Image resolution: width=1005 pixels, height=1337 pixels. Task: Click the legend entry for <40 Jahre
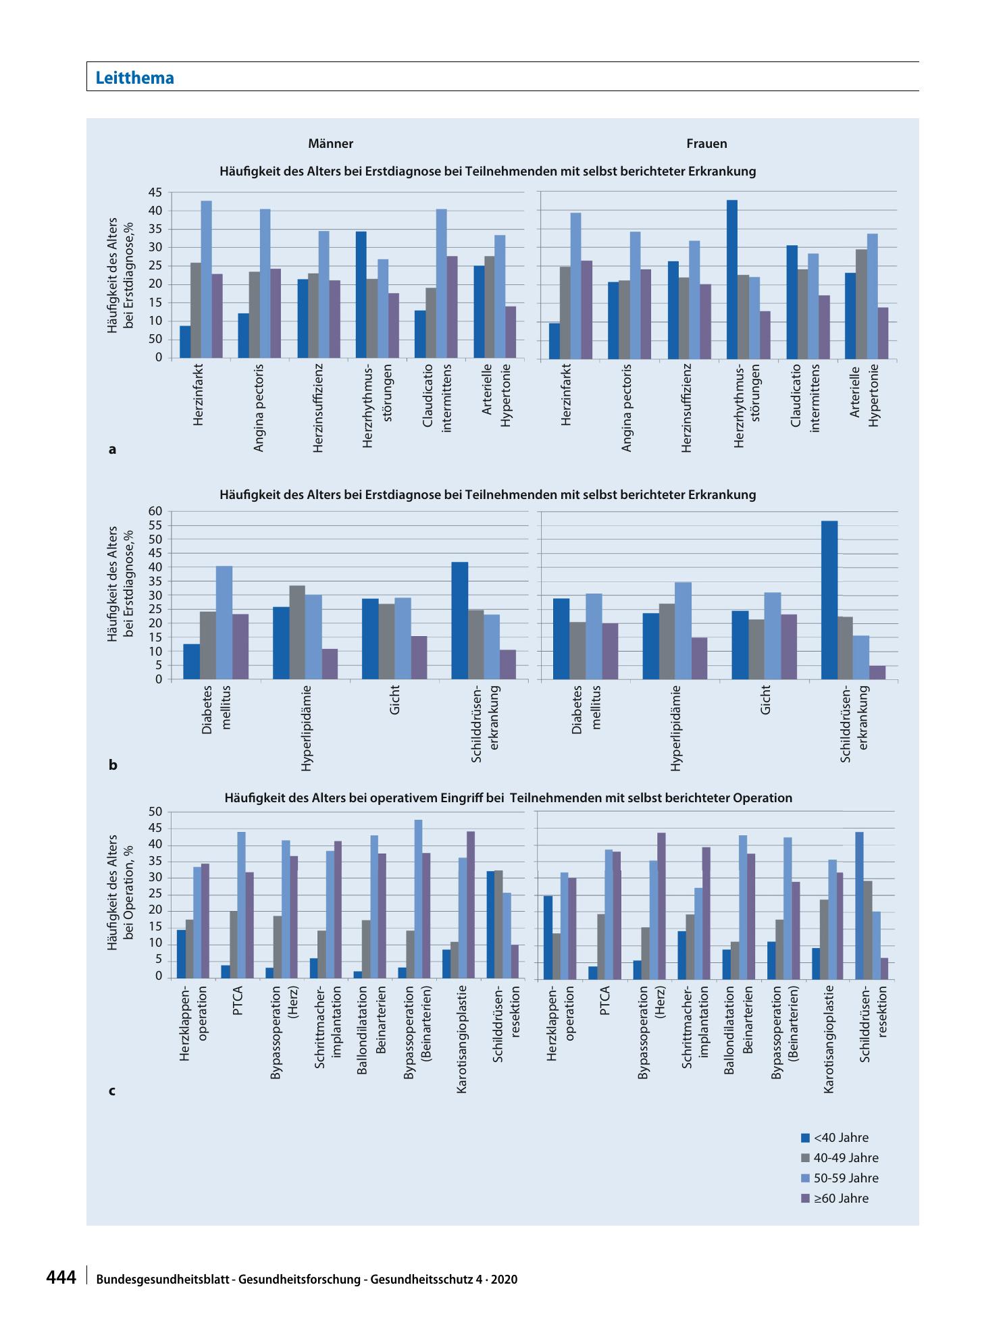point(835,1138)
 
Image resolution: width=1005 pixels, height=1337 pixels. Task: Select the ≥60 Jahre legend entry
point(835,1199)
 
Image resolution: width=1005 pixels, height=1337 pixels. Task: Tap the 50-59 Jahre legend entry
point(840,1178)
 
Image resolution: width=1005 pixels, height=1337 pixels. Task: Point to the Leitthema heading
point(135,78)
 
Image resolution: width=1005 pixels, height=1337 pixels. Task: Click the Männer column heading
point(330,143)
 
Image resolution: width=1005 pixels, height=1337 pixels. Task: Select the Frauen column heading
point(706,143)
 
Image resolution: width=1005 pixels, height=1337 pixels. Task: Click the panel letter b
point(113,766)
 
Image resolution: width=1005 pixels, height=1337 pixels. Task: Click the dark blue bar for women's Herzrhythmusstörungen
point(732,280)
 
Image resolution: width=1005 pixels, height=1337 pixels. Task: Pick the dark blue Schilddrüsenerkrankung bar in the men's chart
point(459,621)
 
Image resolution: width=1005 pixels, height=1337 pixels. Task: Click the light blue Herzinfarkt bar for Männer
point(206,280)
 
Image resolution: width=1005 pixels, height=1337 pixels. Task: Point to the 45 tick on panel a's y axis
point(155,192)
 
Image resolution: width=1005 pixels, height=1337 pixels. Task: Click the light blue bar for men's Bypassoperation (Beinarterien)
point(418,899)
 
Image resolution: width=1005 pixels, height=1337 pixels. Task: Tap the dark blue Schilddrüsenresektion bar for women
point(859,906)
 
